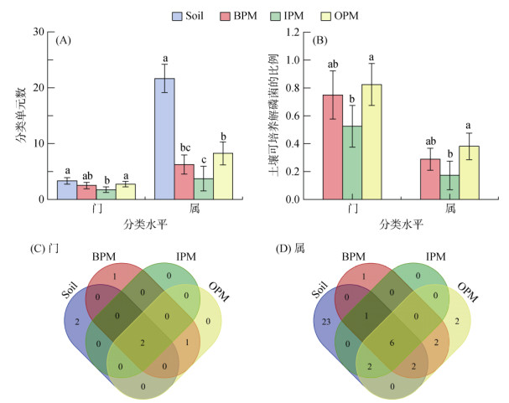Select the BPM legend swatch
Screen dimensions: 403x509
(236, 15)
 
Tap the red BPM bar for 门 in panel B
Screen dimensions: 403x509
(334, 147)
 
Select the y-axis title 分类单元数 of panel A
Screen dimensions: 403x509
(20, 116)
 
